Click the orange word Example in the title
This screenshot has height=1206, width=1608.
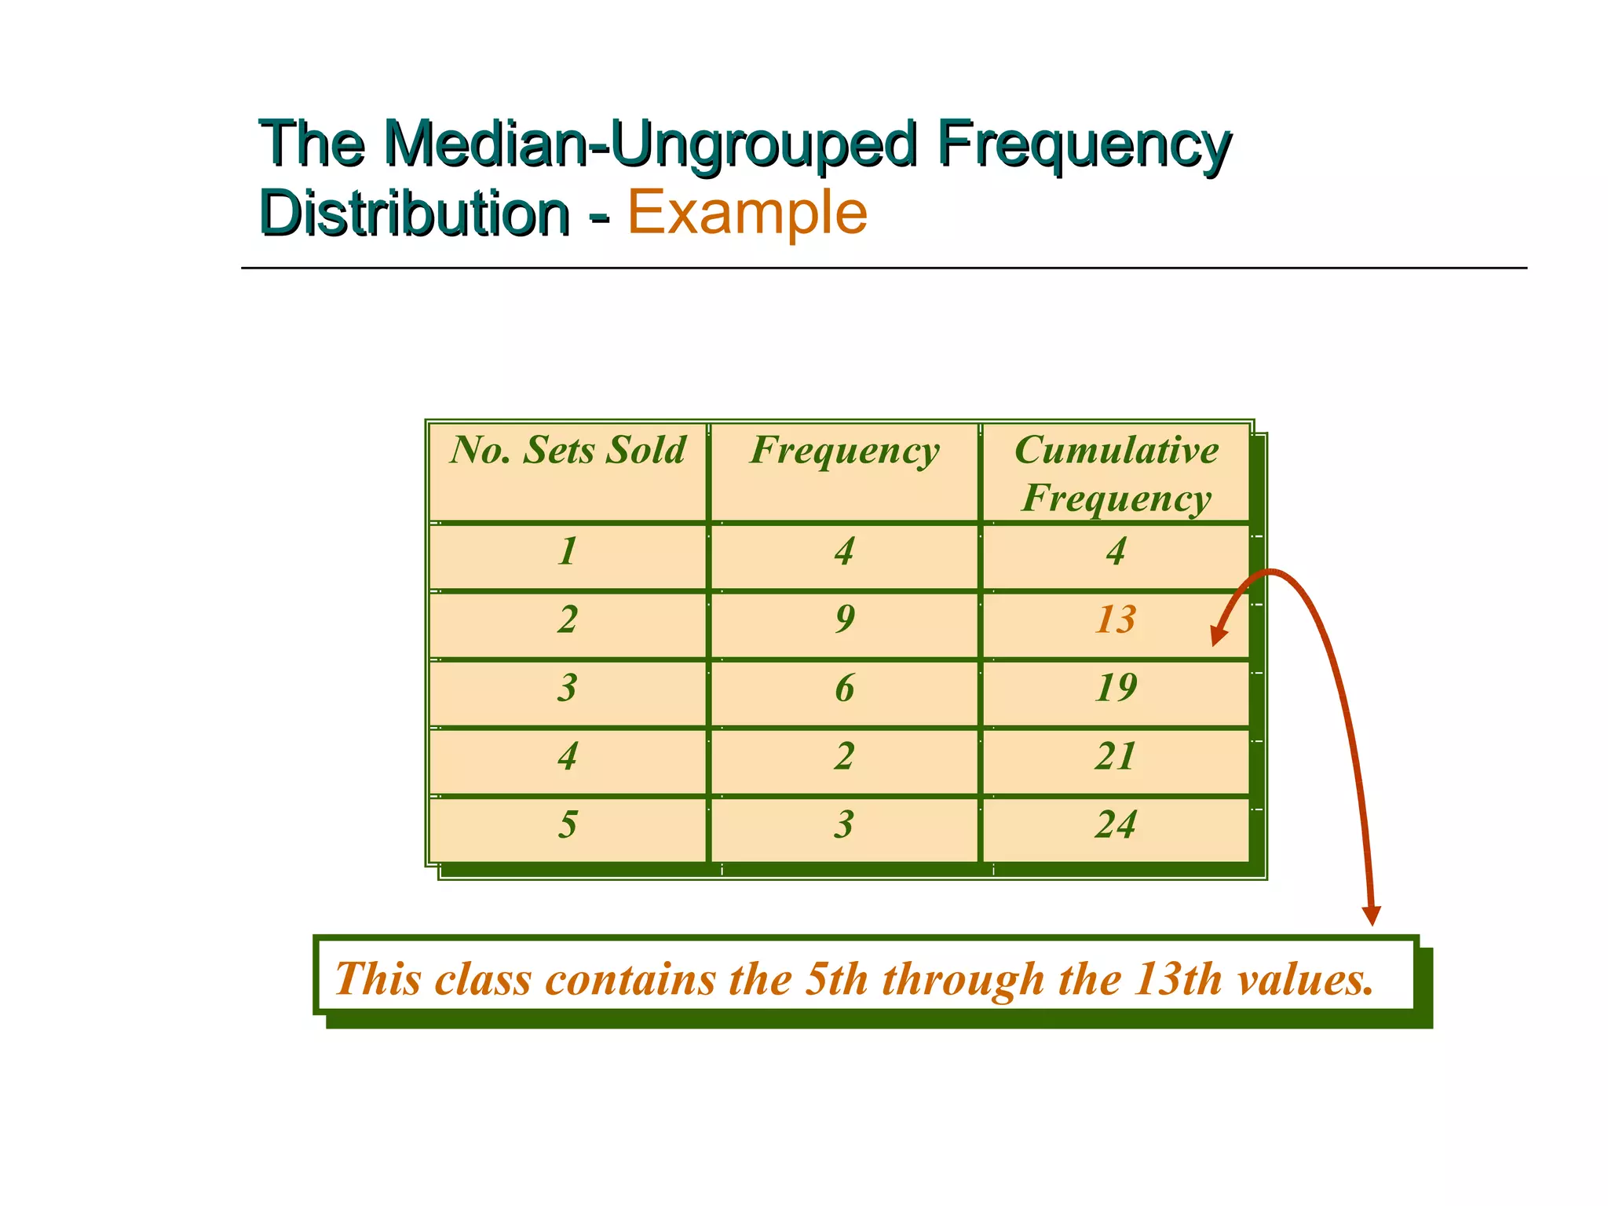point(747,213)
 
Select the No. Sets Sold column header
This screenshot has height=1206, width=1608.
point(568,451)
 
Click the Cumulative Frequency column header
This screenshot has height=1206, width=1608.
point(1116,473)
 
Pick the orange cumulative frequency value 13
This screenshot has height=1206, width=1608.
point(1116,619)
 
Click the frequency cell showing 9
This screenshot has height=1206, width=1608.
point(845,619)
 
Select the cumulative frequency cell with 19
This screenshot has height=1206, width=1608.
point(1116,688)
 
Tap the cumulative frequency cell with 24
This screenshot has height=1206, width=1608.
point(1116,825)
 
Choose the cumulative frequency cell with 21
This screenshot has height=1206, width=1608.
point(1116,757)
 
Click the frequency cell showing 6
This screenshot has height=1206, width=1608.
point(845,688)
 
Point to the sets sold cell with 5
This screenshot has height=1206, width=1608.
point(568,825)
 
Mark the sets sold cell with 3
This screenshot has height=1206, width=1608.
point(568,688)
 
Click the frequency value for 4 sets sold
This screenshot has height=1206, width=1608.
point(845,757)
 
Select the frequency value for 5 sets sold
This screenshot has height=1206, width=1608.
point(845,825)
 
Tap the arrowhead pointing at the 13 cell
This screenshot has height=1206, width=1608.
point(1219,635)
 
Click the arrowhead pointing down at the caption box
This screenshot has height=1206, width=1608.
point(1371,915)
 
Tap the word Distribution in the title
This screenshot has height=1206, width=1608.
point(414,213)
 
